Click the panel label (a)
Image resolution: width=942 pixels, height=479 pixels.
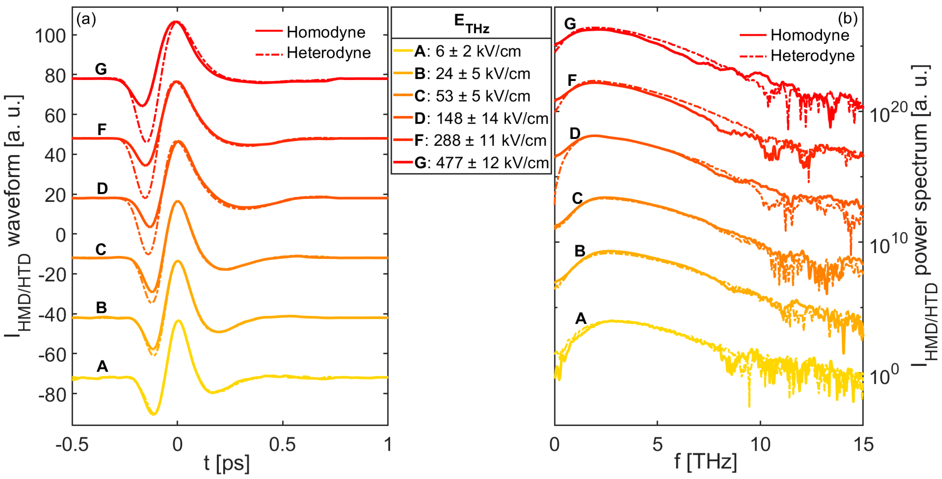coord(86,19)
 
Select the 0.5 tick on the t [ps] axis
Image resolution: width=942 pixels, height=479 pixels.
coord(282,445)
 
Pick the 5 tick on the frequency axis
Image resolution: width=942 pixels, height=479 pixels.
coord(657,445)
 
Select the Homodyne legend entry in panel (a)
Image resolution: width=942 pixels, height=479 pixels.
coord(325,32)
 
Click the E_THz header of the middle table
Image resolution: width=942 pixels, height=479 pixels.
coord(471,23)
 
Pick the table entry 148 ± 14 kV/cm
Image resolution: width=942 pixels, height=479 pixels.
coord(475,118)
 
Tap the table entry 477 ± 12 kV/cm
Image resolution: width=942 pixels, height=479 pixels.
coord(475,162)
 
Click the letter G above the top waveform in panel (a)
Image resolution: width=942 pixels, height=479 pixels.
coord(101,69)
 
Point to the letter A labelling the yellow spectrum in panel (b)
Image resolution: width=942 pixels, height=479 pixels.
coord(581,318)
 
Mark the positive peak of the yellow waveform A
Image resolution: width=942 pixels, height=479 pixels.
coord(178,321)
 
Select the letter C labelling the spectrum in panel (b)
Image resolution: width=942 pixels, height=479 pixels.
coord(577,198)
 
